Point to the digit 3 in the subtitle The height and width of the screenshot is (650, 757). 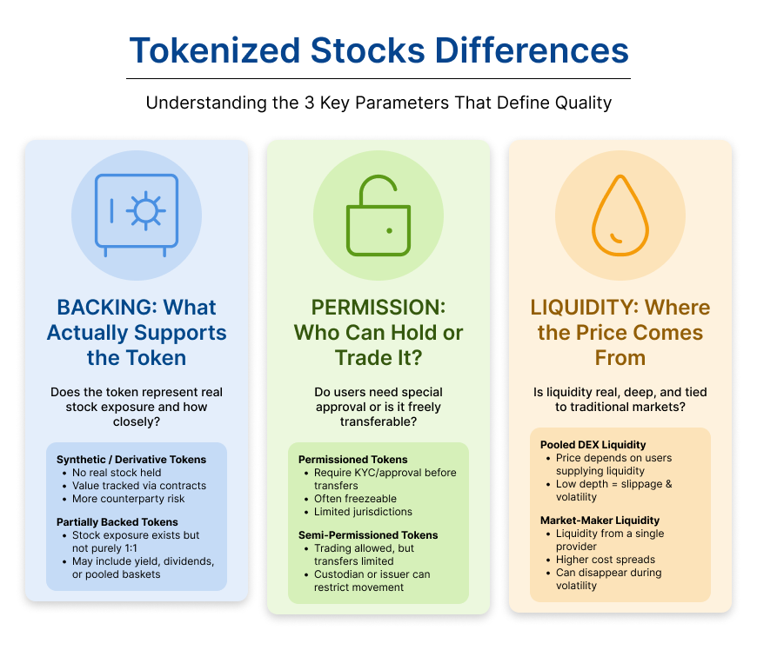click(309, 103)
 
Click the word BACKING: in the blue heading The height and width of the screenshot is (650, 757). click(107, 307)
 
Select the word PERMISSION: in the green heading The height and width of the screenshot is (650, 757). click(378, 307)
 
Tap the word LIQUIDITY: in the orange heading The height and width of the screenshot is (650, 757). click(585, 307)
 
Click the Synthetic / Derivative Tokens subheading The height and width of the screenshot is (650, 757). click(131, 460)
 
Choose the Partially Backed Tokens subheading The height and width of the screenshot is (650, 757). click(117, 522)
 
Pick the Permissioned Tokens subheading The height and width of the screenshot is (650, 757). click(353, 460)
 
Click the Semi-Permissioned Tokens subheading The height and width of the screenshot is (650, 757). click(368, 535)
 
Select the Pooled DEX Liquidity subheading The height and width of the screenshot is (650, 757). click(593, 445)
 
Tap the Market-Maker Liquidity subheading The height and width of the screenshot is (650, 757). click(600, 521)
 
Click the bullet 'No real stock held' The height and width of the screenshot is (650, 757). click(117, 473)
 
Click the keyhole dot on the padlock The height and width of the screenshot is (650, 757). click(389, 231)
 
